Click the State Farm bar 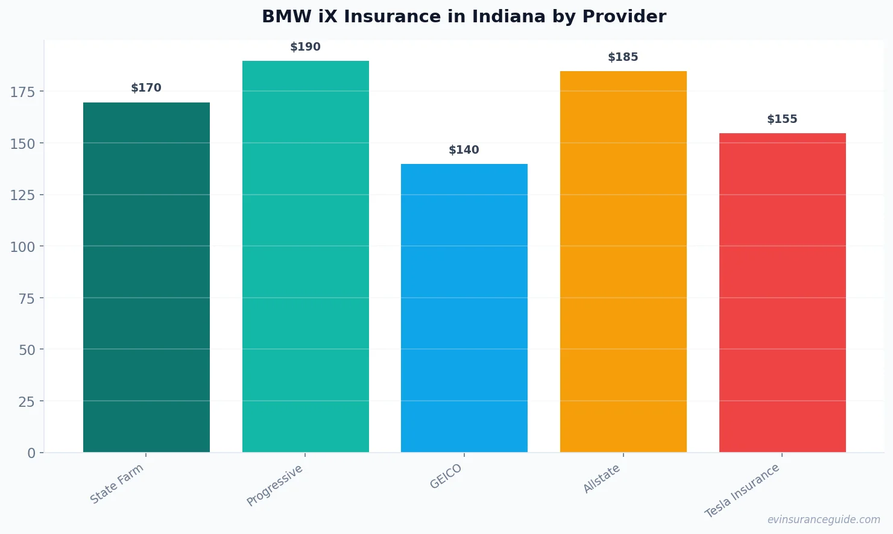(x=147, y=277)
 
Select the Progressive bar (x=306, y=256)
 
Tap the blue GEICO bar (x=464, y=308)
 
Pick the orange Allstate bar (x=623, y=262)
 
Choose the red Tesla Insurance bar (x=782, y=292)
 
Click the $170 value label (x=147, y=88)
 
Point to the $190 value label (x=306, y=47)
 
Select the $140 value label (x=464, y=150)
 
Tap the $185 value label (x=623, y=57)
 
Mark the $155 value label (x=782, y=119)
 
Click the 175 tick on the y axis (x=23, y=92)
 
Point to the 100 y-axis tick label (x=23, y=247)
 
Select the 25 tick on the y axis (x=27, y=401)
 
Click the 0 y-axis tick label (x=31, y=453)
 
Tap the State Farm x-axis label (x=117, y=483)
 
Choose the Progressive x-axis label (x=275, y=485)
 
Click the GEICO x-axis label (x=446, y=476)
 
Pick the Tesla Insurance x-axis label (x=742, y=491)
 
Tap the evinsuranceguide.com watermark (x=824, y=520)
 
